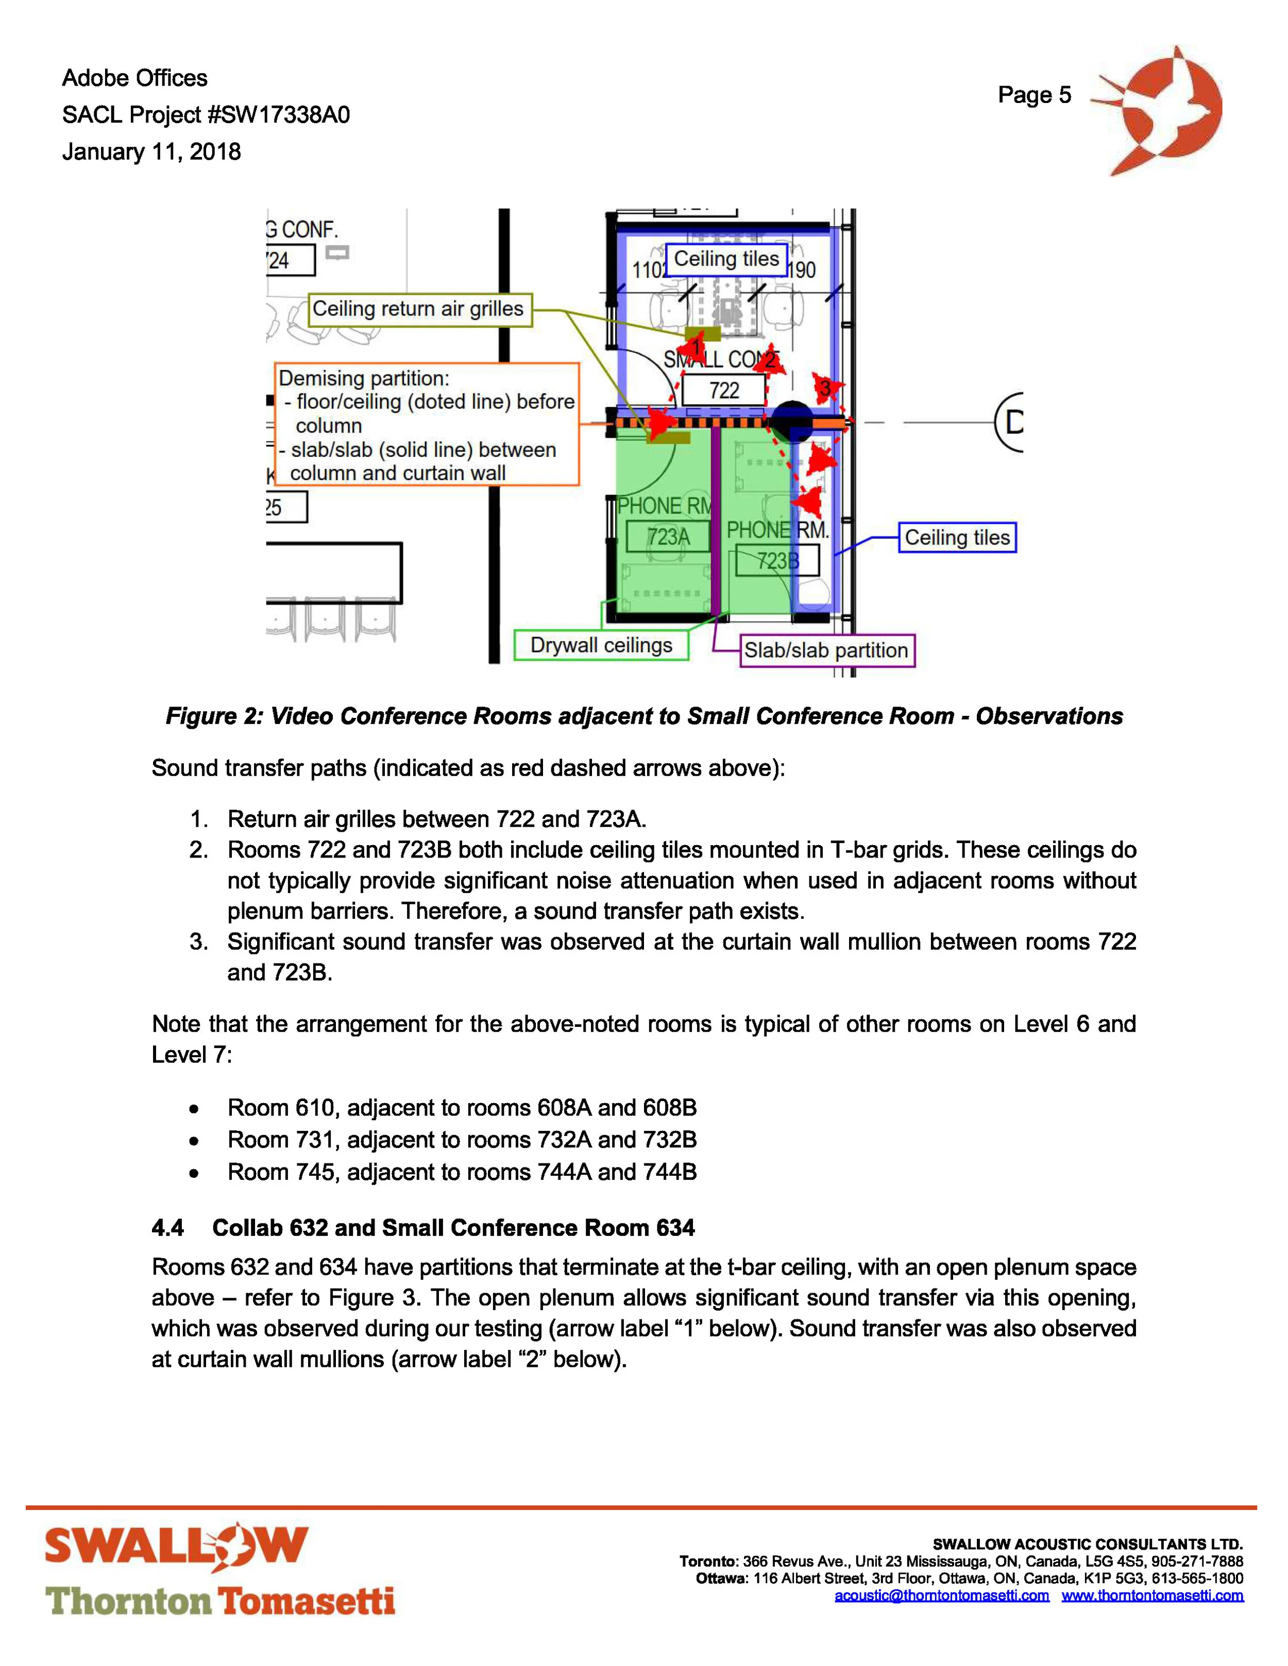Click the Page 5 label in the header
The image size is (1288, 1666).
point(1034,95)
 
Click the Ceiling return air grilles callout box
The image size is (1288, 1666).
point(419,309)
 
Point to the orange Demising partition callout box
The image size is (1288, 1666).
point(427,424)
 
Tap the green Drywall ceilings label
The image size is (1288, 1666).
point(601,645)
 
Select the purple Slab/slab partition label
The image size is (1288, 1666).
point(826,650)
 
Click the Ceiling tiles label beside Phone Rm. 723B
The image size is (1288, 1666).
point(957,538)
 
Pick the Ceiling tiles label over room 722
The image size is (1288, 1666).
point(725,260)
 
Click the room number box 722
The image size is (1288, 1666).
point(723,390)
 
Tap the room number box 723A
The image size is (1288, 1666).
point(668,537)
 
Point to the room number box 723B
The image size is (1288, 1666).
point(777,561)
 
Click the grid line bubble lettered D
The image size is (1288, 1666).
point(1011,422)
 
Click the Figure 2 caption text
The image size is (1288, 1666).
point(644,716)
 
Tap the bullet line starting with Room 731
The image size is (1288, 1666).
point(462,1140)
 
